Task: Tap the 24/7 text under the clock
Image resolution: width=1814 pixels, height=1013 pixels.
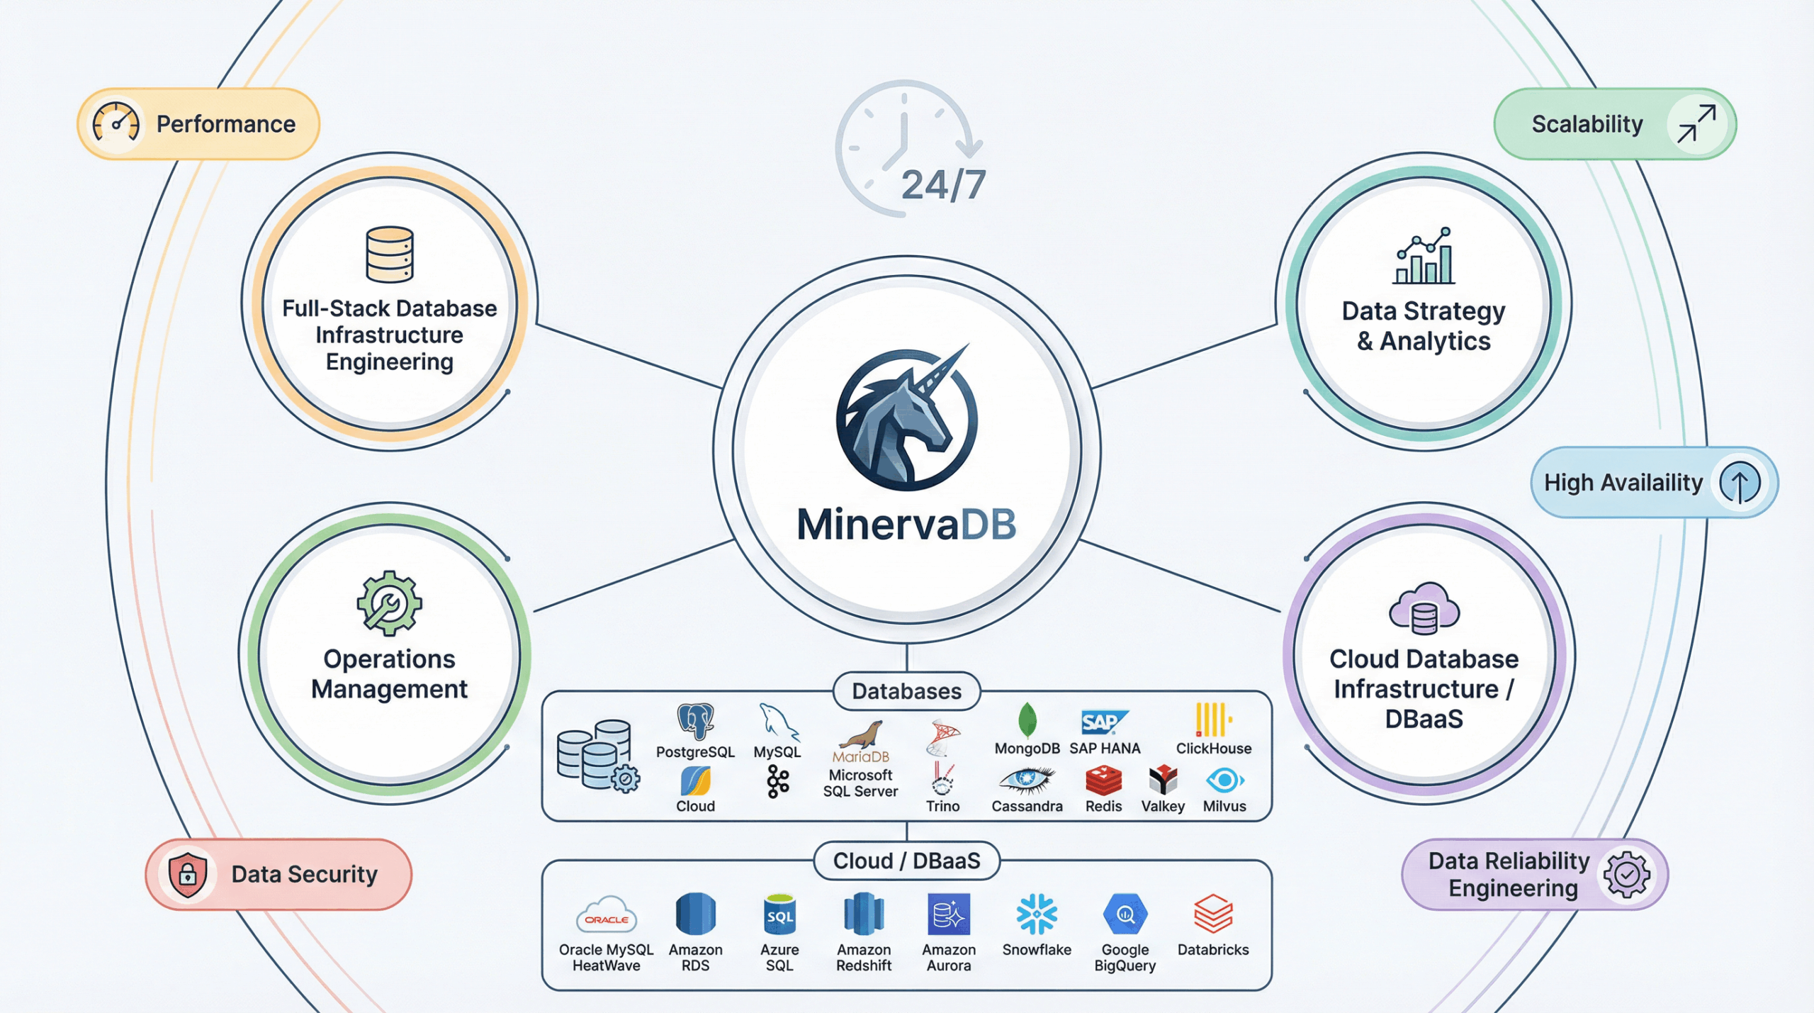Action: (x=943, y=186)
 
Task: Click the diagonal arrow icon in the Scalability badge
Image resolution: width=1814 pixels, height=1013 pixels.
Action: (x=1696, y=124)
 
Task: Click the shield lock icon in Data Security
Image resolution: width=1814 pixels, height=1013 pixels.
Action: (x=187, y=875)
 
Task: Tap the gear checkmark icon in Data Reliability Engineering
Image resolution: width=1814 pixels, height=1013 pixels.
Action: (x=1627, y=875)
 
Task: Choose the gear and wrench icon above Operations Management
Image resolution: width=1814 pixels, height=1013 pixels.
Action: (x=389, y=603)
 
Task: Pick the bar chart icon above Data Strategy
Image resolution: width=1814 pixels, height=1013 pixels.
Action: (x=1424, y=257)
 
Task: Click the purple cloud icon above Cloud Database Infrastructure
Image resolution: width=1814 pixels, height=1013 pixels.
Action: (x=1424, y=609)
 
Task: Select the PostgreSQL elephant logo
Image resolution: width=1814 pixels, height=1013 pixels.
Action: (x=695, y=722)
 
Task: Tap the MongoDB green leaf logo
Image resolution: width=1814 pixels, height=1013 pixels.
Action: (x=1027, y=720)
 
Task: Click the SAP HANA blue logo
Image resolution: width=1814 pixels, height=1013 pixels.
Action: (x=1103, y=722)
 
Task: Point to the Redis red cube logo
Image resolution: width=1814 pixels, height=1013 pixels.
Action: (x=1103, y=780)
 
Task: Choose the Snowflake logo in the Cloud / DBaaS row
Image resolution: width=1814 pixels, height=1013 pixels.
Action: (x=1037, y=914)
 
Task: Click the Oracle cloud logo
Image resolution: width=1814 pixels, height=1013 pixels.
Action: (x=606, y=915)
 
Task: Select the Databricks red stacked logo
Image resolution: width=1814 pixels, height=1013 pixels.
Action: (x=1213, y=914)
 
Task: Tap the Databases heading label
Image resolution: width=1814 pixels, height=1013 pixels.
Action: (x=906, y=691)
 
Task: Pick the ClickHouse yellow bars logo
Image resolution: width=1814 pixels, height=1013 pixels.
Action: (x=1213, y=720)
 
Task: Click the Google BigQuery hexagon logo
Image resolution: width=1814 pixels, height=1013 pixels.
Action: (x=1125, y=914)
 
